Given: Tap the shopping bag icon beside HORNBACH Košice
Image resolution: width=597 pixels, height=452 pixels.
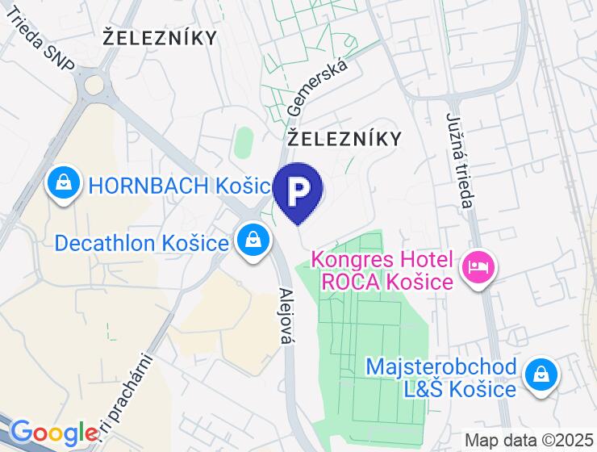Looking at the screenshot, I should click(63, 185).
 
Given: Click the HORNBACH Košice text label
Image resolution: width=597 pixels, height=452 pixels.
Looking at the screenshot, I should click(177, 186).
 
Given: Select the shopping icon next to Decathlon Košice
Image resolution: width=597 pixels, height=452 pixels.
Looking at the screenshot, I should click(253, 241).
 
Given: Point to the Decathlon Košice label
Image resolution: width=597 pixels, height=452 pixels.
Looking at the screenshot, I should click(142, 242).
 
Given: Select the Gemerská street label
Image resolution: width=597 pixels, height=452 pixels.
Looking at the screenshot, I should click(318, 87).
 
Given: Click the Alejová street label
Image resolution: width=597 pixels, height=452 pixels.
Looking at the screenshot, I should click(284, 316).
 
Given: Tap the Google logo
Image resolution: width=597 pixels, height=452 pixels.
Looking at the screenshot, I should click(55, 433).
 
